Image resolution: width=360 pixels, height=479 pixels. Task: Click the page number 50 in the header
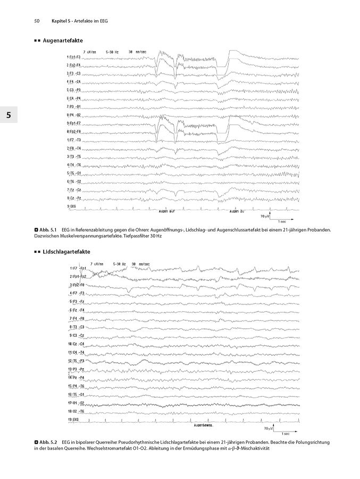click(x=37, y=21)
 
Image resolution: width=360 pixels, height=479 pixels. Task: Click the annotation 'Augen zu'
click(x=237, y=211)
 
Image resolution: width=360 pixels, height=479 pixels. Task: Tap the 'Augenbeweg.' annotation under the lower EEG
click(x=204, y=426)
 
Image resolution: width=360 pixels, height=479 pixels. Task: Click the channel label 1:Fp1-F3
click(x=74, y=56)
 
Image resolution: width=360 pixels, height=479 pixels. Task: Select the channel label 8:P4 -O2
click(x=74, y=114)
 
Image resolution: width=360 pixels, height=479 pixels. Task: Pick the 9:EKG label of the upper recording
click(x=71, y=205)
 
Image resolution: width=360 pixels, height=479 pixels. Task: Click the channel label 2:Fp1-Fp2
click(x=77, y=277)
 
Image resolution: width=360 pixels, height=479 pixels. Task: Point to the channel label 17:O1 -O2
click(x=77, y=403)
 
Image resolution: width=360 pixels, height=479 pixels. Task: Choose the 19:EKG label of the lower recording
click(x=74, y=419)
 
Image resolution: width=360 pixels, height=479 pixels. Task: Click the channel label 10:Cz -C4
click(x=77, y=344)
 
